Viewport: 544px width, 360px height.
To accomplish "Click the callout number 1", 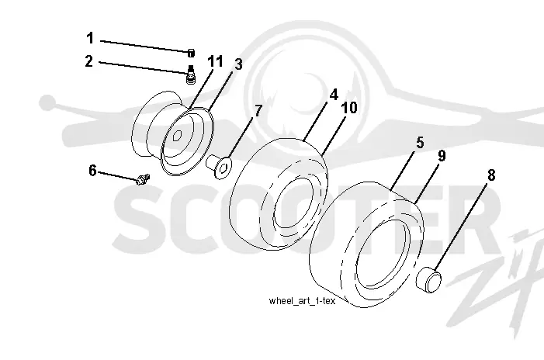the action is coord(90,38).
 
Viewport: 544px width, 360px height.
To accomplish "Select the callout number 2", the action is coord(89,61).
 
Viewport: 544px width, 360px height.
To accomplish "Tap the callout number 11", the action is coord(215,61).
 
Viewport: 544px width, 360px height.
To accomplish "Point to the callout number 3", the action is coord(238,64).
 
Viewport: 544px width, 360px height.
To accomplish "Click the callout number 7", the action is coord(258,111).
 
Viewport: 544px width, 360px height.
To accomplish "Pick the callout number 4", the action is coord(334,95).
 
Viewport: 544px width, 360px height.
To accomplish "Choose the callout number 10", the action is coord(349,108).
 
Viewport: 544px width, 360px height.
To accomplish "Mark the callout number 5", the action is coord(420,143).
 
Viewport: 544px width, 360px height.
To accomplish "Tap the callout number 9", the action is coord(442,156).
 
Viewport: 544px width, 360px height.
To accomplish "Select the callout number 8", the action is coord(491,175).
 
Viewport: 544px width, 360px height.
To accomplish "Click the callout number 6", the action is coord(92,171).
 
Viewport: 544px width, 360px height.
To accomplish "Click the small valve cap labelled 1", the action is coord(191,53).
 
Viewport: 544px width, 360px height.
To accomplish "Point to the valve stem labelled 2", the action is coord(190,74).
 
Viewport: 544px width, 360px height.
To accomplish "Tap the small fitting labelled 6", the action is coord(143,179).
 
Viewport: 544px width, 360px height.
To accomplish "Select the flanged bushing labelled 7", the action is coord(219,167).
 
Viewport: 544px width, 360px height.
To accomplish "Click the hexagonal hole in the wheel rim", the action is coord(177,136).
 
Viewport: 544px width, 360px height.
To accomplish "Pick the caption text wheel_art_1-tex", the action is coord(302,301).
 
